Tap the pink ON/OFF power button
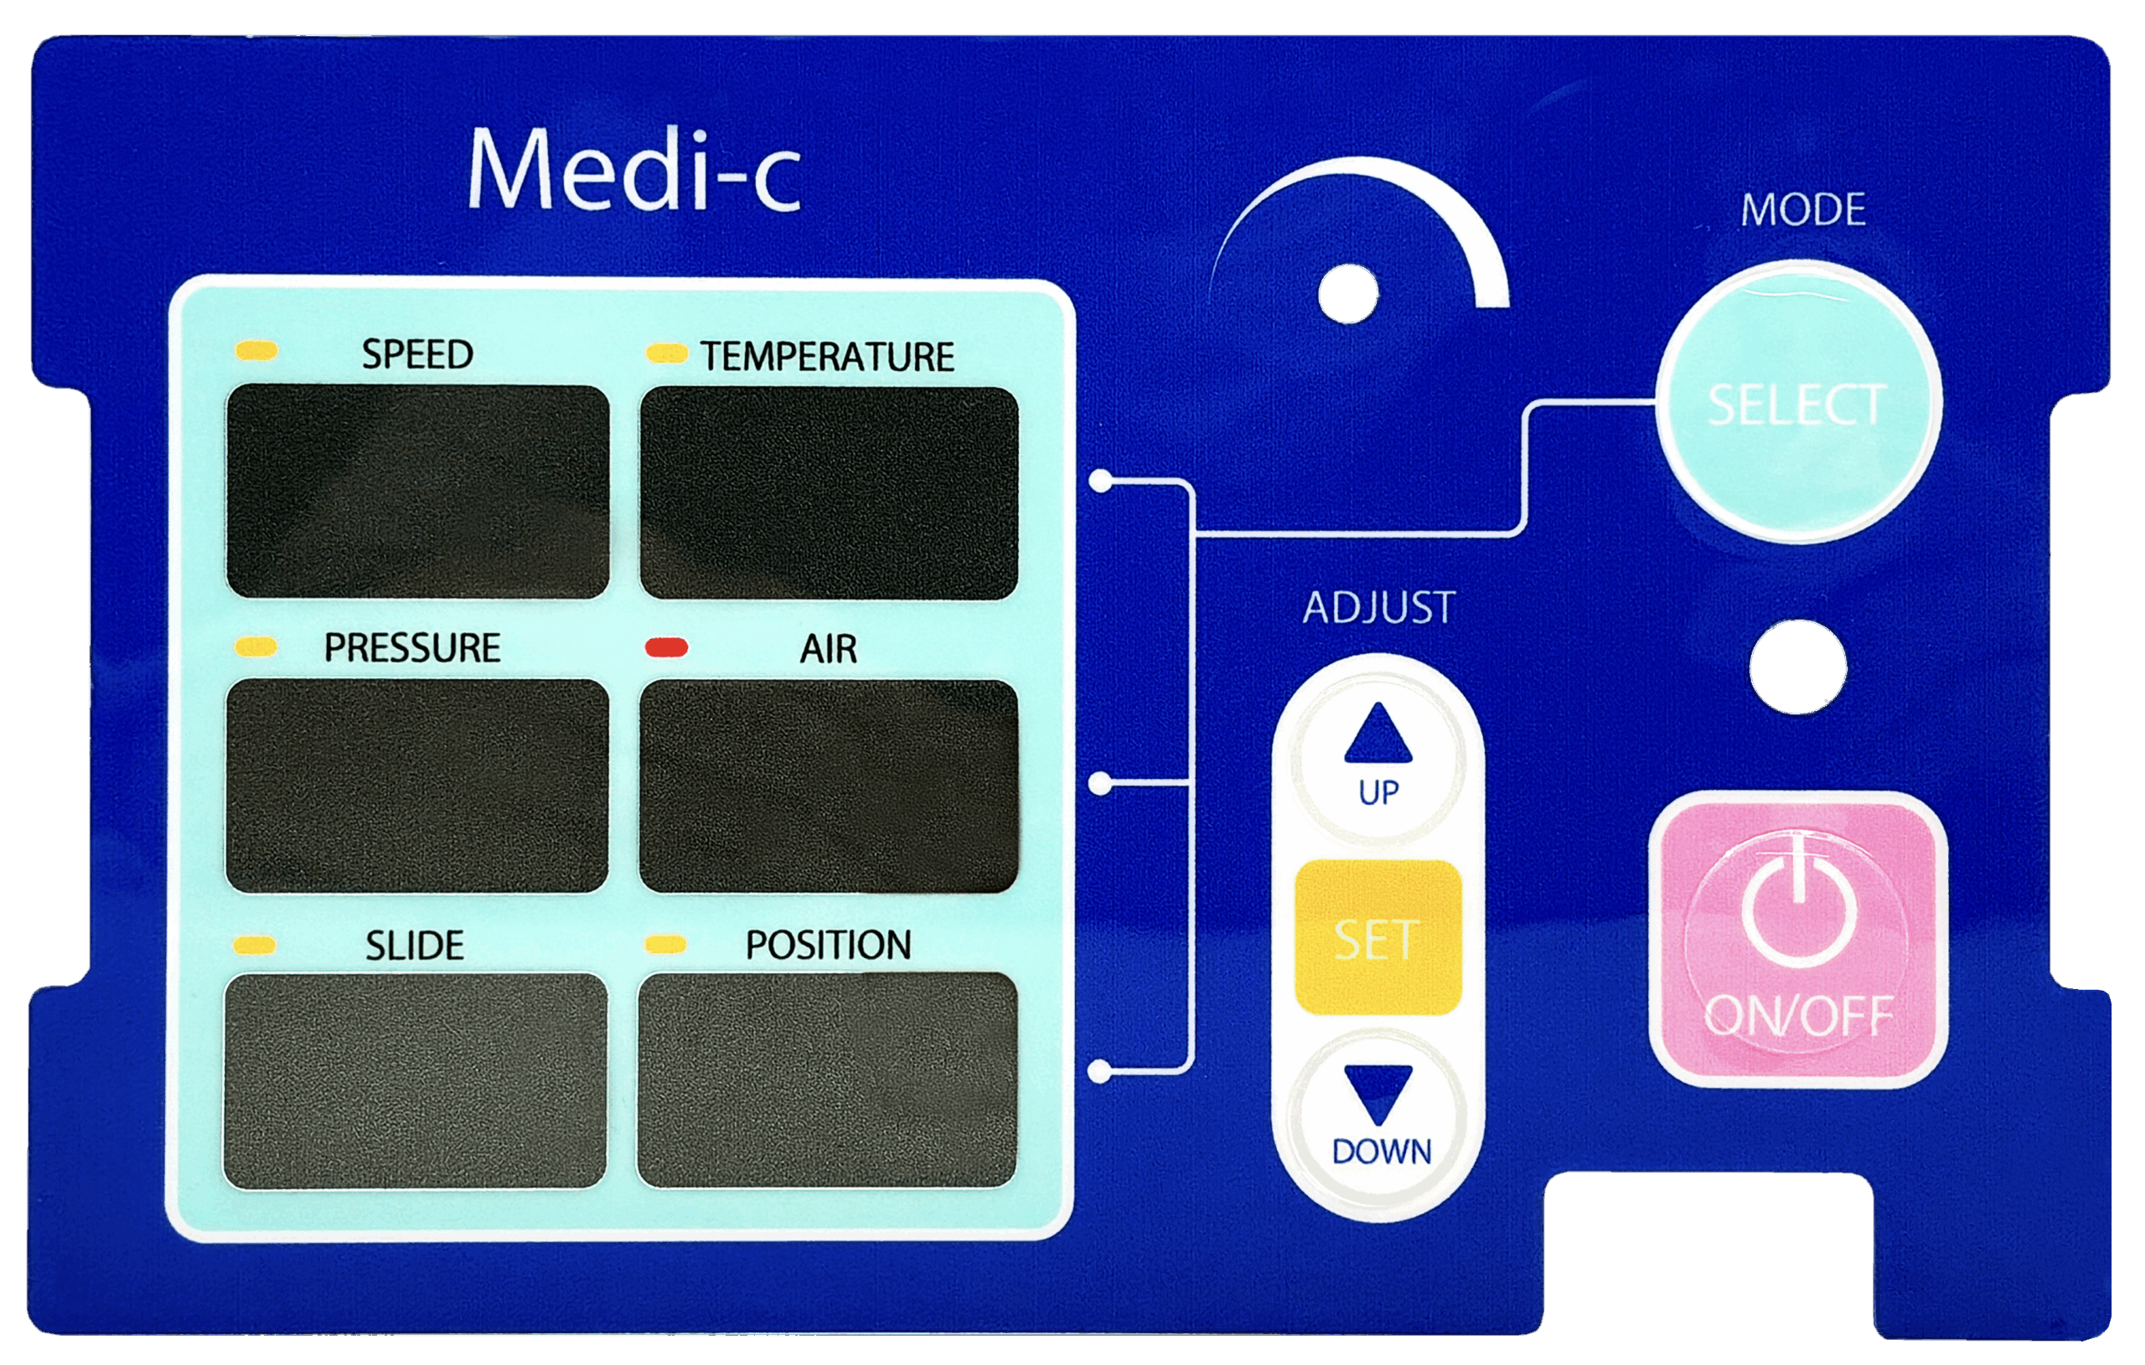tap(1797, 940)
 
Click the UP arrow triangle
tap(1378, 734)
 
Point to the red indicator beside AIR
tap(666, 647)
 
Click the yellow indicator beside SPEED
tap(256, 350)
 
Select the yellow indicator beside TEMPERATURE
tap(666, 353)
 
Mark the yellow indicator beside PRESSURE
tap(256, 646)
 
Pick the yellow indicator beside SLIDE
tap(255, 945)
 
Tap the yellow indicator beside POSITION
tap(665, 945)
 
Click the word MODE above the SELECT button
tap(1803, 210)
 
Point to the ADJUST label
tap(1379, 608)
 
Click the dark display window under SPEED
tap(418, 491)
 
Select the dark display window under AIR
tap(829, 786)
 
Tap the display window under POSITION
tap(828, 1080)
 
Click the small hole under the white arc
tap(1348, 294)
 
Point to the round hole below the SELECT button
tap(1797, 667)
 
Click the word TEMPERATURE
tap(827, 357)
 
